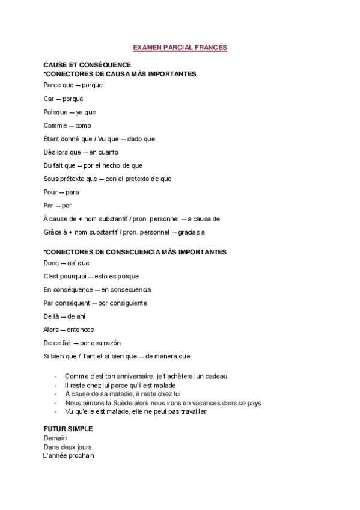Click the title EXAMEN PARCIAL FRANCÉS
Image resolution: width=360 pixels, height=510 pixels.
coord(180,46)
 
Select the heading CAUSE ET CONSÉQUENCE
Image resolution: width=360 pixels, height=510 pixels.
coord(87,64)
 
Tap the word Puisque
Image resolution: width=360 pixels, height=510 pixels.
coord(55,112)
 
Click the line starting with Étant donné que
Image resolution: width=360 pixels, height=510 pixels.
coord(99,139)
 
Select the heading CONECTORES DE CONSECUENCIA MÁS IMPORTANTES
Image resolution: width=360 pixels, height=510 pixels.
coord(135,251)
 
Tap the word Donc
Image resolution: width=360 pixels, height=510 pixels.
coord(52,263)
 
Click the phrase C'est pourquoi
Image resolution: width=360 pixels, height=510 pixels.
coord(64,276)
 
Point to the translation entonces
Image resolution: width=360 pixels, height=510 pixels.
coord(80,330)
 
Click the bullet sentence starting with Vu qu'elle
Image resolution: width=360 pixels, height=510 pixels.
coord(135,411)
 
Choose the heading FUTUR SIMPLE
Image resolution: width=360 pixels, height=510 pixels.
coord(68,430)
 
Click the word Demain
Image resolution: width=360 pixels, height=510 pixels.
coord(55,438)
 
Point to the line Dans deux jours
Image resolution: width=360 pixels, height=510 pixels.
coord(67,447)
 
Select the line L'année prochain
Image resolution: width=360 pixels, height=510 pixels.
coord(69,456)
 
